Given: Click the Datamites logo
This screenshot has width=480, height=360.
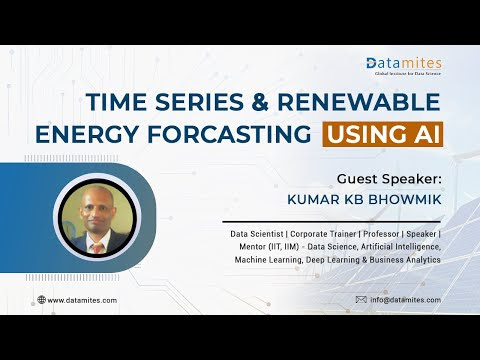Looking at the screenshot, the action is (x=404, y=66).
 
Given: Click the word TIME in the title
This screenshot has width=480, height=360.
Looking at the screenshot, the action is (x=116, y=102).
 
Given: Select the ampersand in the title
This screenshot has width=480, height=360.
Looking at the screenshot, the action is (x=260, y=102).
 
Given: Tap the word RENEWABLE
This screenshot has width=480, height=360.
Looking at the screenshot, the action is (x=359, y=102).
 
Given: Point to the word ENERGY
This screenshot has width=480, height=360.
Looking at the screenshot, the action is (x=87, y=134).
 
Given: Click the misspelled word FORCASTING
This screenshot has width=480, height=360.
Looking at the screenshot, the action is (x=229, y=134).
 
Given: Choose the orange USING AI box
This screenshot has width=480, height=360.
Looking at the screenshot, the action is (x=383, y=134).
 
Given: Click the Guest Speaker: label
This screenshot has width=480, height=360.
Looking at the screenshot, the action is (x=389, y=179).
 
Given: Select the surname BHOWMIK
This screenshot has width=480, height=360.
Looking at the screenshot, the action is (x=405, y=200).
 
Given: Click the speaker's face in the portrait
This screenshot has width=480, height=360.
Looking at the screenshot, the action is (x=96, y=208).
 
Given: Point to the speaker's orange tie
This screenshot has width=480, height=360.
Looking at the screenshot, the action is (x=98, y=248).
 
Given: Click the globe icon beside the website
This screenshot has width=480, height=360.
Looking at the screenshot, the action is (x=41, y=300).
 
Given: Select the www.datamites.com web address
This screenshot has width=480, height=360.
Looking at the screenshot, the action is (x=82, y=300).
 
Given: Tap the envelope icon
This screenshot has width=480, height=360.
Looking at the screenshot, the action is (x=361, y=300).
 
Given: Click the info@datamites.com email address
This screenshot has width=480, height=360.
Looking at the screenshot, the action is (x=405, y=300).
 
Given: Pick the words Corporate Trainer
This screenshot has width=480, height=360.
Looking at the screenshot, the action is (x=323, y=234).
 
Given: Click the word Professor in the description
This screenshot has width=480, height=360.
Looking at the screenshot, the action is (x=381, y=234).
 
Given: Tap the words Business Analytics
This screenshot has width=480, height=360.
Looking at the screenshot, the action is (x=405, y=260).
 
